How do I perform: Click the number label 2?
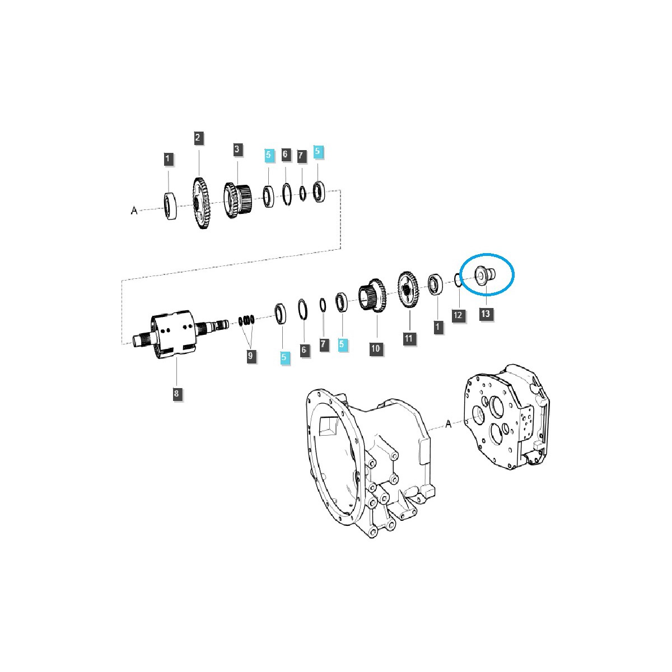coord(198,138)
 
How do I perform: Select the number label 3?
coord(237,149)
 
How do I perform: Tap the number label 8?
coord(176,394)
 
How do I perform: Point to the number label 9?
coord(251,355)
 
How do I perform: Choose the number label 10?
coord(375,348)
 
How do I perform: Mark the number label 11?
coord(409,338)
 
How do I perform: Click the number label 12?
coord(458,315)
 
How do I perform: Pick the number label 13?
coord(485,313)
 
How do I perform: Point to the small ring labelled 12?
coord(458,280)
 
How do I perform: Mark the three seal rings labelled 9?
coord(247,320)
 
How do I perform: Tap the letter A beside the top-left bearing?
coord(134,211)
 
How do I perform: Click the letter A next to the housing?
coord(448,424)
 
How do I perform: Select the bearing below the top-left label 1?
coord(170,204)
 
